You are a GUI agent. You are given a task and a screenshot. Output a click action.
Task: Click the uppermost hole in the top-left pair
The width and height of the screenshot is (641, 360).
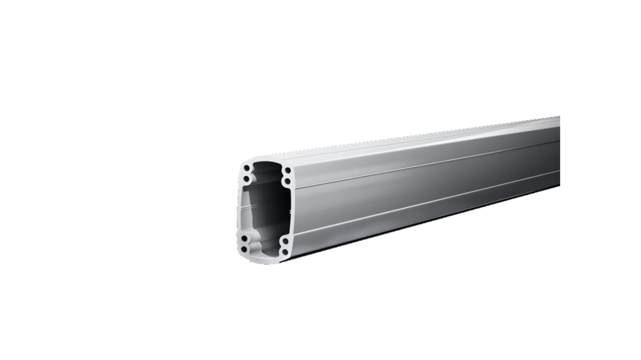(x=246, y=168)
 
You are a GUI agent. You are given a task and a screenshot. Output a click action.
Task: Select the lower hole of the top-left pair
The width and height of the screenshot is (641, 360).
(x=246, y=178)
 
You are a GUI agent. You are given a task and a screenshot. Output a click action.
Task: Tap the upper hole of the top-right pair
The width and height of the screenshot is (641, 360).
(x=287, y=171)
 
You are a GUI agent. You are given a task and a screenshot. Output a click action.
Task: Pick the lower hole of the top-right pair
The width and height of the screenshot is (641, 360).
(x=287, y=181)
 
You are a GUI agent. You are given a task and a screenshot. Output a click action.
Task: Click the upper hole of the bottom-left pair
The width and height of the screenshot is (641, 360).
(x=244, y=238)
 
